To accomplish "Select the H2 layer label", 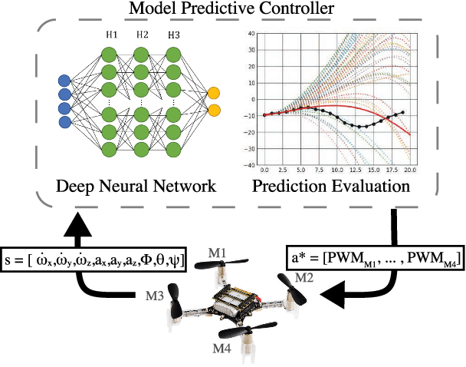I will (142, 36).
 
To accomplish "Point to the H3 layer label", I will (174, 36).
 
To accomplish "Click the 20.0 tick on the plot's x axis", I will (411, 169).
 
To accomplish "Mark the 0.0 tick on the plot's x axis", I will (264, 169).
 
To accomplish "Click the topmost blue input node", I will (64, 80).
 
